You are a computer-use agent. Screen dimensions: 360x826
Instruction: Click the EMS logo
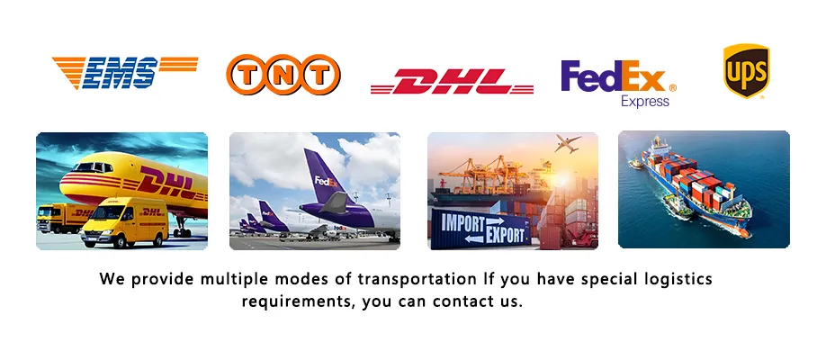124,73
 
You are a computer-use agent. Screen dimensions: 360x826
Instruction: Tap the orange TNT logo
283,75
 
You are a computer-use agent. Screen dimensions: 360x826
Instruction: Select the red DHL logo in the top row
452,82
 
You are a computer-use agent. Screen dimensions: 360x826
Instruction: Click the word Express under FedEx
645,102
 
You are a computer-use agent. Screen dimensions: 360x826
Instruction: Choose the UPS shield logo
746,71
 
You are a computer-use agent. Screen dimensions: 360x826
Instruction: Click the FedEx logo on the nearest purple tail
325,181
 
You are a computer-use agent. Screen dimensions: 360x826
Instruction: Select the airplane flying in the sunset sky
569,143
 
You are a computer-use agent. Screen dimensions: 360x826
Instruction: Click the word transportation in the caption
416,279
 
